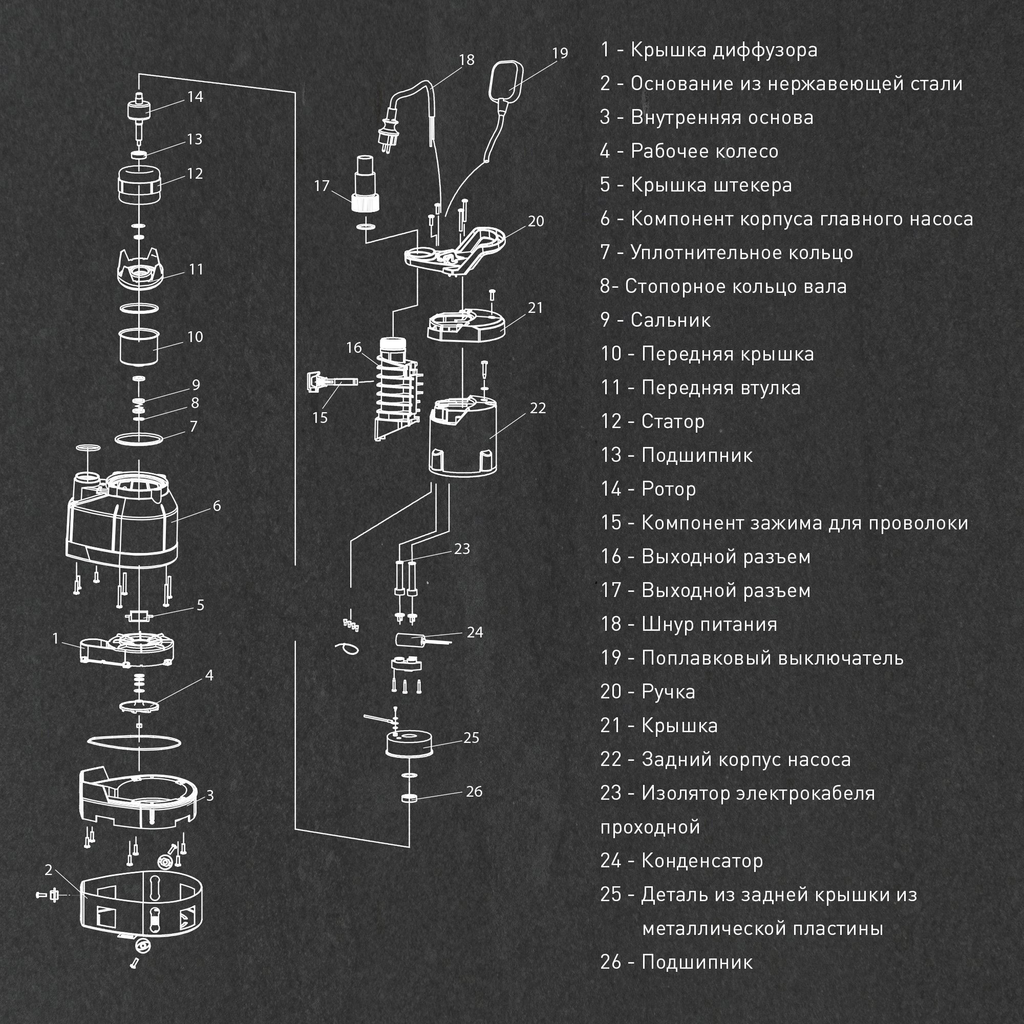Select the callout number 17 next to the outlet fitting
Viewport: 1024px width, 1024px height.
point(322,186)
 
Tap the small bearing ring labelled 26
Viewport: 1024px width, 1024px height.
point(409,798)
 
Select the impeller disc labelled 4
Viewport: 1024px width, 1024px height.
point(139,707)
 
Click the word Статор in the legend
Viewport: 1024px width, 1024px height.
point(673,421)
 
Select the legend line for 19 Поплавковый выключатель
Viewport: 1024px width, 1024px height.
point(752,658)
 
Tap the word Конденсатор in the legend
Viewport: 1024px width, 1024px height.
point(702,861)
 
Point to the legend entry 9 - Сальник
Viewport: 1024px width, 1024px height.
point(655,320)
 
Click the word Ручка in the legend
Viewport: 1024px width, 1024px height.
point(668,692)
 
